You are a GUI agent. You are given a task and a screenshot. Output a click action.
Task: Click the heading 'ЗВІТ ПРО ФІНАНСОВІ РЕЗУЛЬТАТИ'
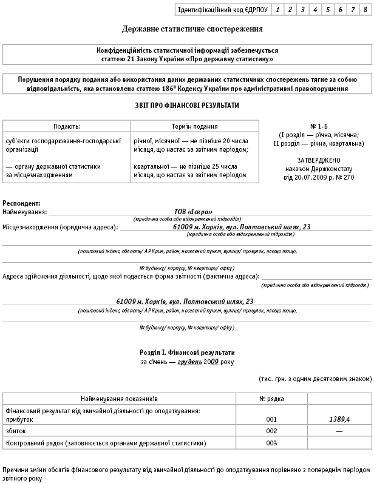coord(187,106)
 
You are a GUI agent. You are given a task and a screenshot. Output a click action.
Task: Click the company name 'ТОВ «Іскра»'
coord(193,212)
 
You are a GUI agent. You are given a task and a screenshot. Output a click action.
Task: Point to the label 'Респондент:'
coord(22,203)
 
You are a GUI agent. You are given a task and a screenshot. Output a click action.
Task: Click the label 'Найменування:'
coord(25,212)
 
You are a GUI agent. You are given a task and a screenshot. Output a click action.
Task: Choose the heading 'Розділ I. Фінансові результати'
coord(187,353)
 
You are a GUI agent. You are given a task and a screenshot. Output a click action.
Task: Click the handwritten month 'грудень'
coord(189,362)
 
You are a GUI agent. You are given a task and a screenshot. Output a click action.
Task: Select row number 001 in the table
coord(271,419)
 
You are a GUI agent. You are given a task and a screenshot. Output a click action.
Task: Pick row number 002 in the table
coord(271,430)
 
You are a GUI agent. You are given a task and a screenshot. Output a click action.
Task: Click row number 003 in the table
coord(271,443)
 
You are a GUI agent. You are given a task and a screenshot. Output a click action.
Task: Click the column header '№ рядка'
coord(271,399)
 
